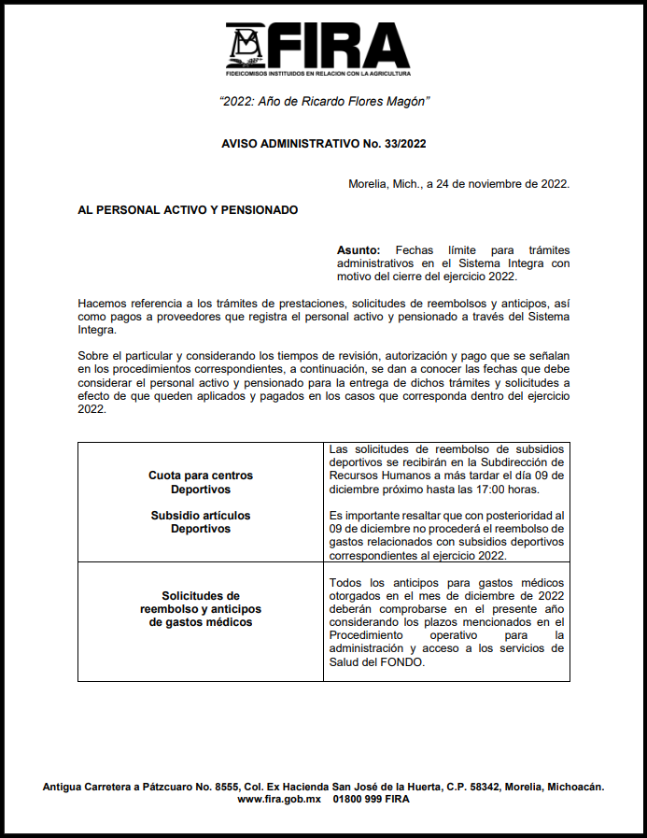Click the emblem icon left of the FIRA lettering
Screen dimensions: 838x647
coord(247,45)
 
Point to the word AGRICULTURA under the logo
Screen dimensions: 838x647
coord(386,73)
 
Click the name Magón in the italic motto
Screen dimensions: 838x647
coord(411,101)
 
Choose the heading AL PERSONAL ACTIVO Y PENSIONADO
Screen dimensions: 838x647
coord(188,210)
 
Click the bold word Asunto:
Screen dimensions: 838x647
coord(359,250)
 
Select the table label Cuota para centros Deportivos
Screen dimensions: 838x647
coord(200,482)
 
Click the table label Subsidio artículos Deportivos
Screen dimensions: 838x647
coord(200,522)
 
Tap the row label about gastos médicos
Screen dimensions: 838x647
coord(200,608)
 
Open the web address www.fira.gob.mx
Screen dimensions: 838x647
coord(279,800)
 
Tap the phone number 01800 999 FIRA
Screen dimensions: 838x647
coord(371,800)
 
